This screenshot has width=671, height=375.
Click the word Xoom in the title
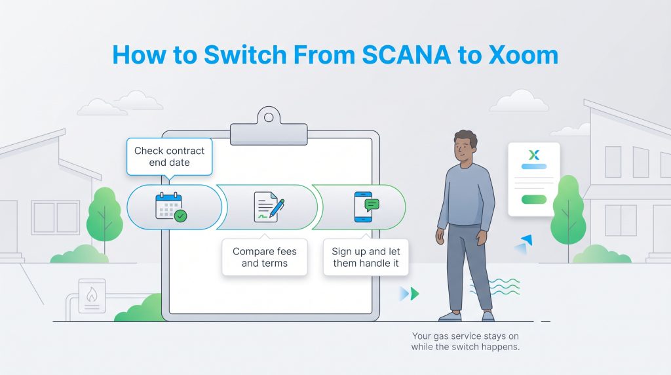pos(524,55)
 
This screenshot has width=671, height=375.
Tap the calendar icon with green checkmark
pos(170,207)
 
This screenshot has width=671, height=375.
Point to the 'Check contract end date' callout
pos(169,156)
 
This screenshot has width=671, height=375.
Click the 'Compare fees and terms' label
pos(264,258)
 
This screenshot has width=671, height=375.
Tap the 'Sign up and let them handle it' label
pos(366,258)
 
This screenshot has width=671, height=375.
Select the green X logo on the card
pos(534,155)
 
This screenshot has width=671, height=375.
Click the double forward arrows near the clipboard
pos(410,293)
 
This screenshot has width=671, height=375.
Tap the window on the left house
pos(55,218)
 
